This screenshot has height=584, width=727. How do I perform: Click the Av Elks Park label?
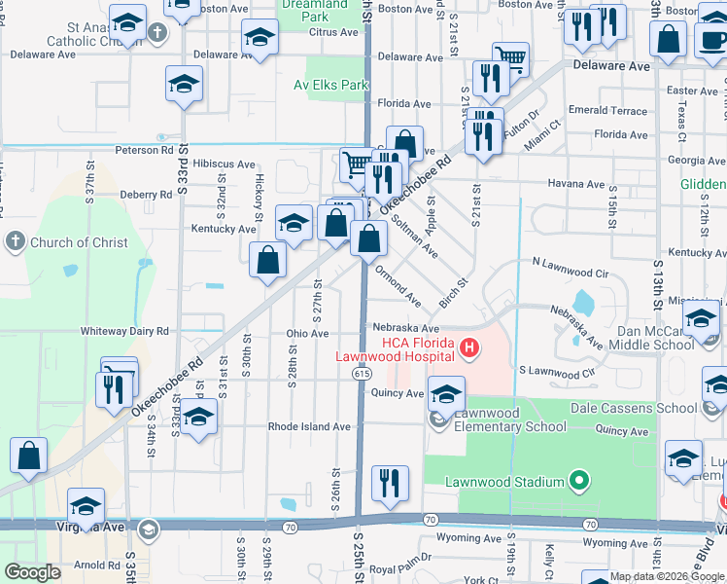pyautogui.click(x=331, y=85)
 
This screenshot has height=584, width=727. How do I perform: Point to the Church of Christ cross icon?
pyautogui.click(x=15, y=241)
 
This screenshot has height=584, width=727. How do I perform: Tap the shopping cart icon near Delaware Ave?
pyautogui.click(x=510, y=59)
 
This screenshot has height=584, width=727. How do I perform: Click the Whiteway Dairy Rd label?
pyautogui.click(x=125, y=331)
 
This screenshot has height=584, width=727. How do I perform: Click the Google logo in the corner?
pyautogui.click(x=32, y=572)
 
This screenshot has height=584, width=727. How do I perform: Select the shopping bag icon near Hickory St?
pyautogui.click(x=267, y=261)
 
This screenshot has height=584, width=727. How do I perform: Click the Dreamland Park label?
pyautogui.click(x=314, y=11)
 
